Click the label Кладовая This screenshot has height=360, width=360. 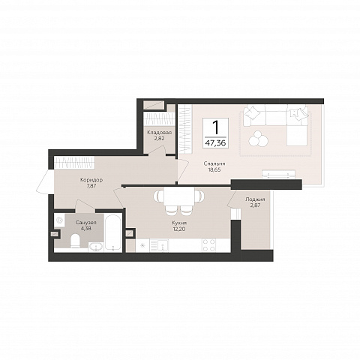[159, 133]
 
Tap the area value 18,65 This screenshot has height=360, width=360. [214, 169]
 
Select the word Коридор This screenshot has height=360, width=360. [91, 180]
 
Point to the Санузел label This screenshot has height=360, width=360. [86, 222]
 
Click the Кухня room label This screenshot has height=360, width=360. [179, 223]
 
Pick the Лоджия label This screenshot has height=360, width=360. [255, 199]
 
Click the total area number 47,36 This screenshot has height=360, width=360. [215, 143]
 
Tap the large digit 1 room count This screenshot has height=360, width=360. [215, 127]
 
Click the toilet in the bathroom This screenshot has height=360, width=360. [75, 241]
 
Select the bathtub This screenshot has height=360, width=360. [113, 232]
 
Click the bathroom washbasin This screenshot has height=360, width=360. [96, 247]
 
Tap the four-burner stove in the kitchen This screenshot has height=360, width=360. [209, 245]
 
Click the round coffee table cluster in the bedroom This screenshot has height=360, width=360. [258, 138]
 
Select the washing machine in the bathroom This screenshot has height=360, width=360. [59, 220]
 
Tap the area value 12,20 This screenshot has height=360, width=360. [179, 229]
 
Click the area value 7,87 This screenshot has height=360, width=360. [91, 186]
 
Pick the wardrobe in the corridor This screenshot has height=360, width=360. [74, 163]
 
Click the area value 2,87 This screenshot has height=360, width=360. [255, 205]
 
